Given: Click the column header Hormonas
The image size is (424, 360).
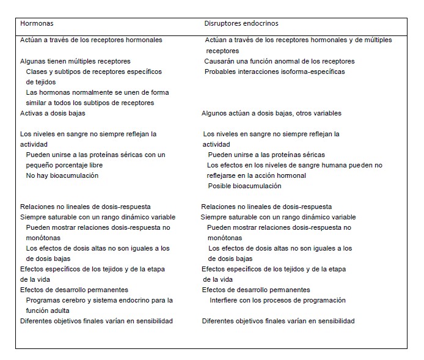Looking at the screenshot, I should click(x=37, y=24).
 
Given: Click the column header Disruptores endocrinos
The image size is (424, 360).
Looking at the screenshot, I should click(x=241, y=24).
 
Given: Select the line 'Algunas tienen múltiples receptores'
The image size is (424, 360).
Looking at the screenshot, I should click(x=75, y=61).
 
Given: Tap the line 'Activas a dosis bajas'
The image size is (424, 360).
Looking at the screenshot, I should click(x=53, y=113).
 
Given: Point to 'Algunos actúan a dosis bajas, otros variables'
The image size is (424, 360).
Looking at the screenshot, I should click(x=271, y=113).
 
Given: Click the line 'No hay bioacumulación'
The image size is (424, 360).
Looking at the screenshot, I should click(x=62, y=175).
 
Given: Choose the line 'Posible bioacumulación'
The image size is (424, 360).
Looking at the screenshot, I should click(x=244, y=186).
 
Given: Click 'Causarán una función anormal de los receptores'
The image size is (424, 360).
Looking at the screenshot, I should click(x=279, y=61).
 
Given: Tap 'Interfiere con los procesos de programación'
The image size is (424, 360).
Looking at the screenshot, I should click(x=277, y=300).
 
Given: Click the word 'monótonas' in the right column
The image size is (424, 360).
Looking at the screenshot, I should click(x=224, y=238).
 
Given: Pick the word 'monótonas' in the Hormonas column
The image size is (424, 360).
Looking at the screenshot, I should click(x=43, y=238).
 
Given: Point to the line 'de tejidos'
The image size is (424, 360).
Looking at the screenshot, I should click(x=40, y=82).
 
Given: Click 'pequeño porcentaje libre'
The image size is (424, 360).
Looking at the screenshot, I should click(x=64, y=165).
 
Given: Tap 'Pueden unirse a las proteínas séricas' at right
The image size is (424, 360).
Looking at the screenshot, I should click(x=266, y=155).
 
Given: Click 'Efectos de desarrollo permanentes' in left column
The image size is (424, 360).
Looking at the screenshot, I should click(x=74, y=290).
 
